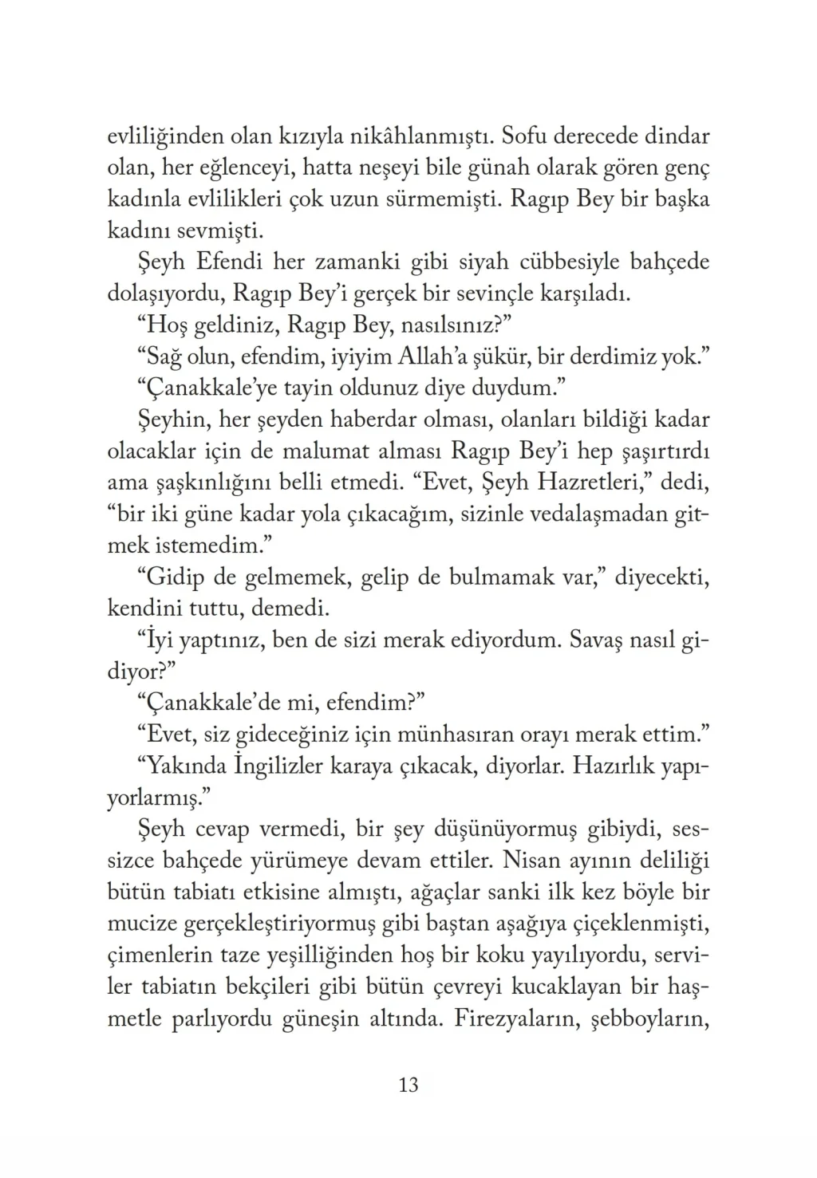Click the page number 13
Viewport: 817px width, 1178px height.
[408, 1085]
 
